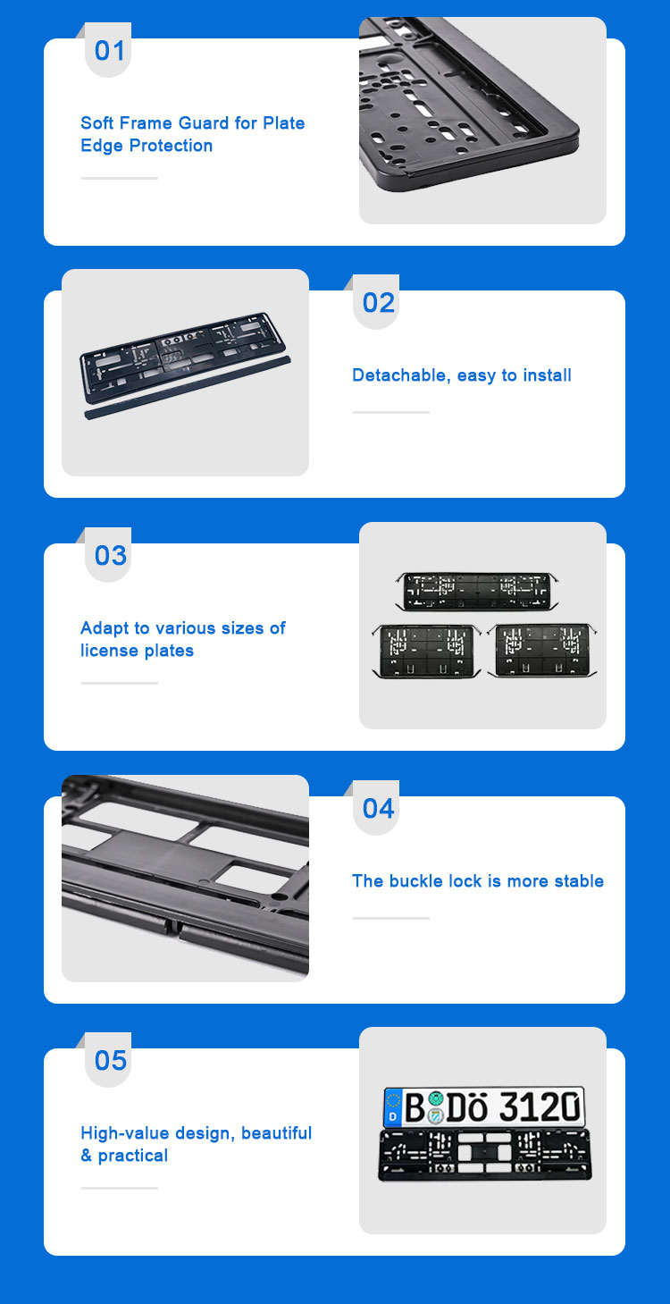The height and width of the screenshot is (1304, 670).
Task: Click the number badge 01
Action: click(x=108, y=51)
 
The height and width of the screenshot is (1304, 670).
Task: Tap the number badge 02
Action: click(x=376, y=303)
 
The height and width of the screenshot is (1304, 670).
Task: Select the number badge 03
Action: click(x=108, y=555)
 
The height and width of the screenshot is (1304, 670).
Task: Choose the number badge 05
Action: click(x=108, y=1060)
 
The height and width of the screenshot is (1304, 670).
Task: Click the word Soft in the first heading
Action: click(x=97, y=122)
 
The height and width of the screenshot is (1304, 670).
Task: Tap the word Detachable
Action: click(x=401, y=375)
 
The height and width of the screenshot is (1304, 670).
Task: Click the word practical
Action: click(x=133, y=1156)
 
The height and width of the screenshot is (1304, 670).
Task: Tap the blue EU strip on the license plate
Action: click(x=393, y=1107)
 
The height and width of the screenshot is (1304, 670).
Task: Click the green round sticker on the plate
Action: click(x=436, y=1099)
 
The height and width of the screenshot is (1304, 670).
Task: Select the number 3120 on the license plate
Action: click(x=540, y=1106)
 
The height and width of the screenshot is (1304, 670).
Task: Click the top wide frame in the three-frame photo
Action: click(x=477, y=592)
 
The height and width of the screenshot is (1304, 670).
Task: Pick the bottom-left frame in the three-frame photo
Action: click(x=427, y=652)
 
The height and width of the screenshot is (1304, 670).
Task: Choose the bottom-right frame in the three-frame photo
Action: click(x=542, y=651)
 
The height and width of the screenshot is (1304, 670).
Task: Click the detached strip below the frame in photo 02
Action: click(x=188, y=388)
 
